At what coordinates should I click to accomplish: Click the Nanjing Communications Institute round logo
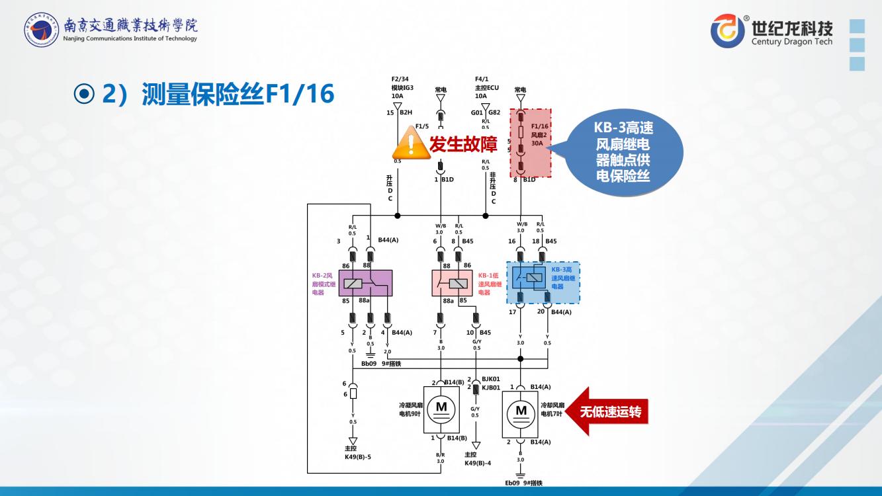point(41,30)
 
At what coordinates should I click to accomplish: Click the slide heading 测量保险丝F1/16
point(218,95)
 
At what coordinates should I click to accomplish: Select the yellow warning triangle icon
point(412,143)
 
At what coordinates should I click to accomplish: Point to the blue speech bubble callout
point(623,152)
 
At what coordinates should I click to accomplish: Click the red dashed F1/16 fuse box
point(530,144)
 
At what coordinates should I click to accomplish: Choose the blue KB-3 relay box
point(543,282)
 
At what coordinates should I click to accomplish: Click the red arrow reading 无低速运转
point(605,412)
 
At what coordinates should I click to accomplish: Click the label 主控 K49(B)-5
point(357,452)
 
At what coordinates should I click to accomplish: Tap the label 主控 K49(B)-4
point(478,458)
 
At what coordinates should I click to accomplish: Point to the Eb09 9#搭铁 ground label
point(523,483)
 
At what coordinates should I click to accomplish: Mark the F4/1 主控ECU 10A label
point(486,87)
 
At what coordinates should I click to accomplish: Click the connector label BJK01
point(491,380)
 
